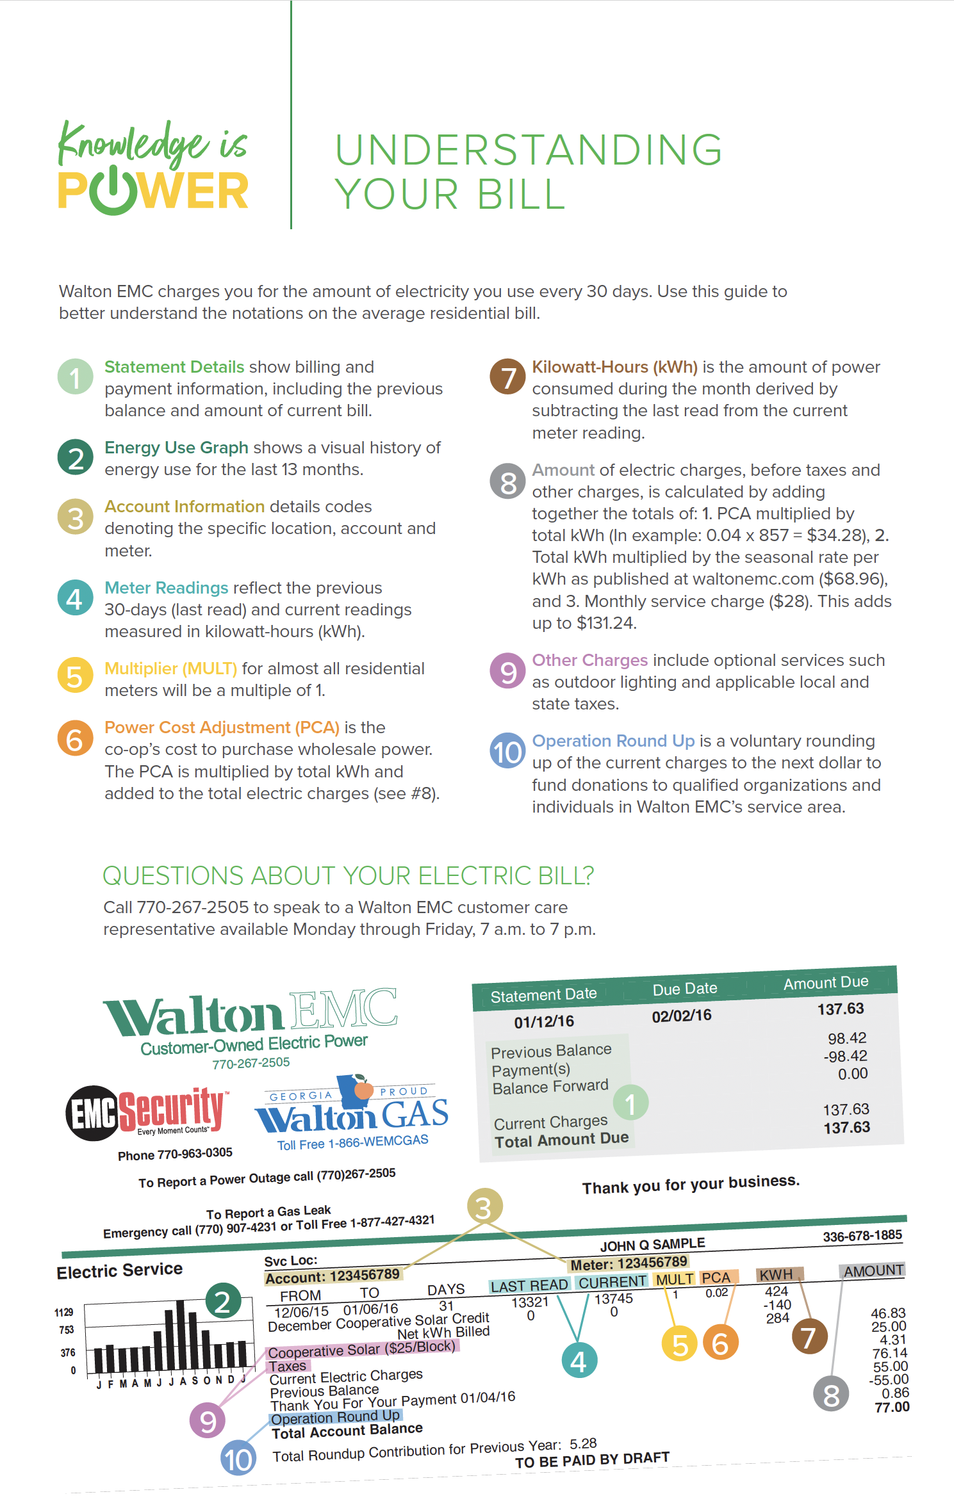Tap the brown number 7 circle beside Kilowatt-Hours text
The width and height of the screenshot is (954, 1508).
[x=507, y=377]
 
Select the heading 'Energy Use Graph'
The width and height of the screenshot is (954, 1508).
[x=176, y=448]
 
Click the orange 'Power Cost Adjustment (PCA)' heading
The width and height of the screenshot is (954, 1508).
[x=222, y=727]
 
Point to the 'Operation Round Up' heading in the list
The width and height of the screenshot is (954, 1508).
[x=613, y=741]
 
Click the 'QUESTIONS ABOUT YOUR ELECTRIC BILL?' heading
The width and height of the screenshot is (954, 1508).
[x=348, y=875]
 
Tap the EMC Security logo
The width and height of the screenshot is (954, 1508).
[x=146, y=1112]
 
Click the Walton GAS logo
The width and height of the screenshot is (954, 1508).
[x=352, y=1112]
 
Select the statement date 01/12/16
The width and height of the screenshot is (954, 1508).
[x=544, y=1021]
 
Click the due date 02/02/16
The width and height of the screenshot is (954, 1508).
[x=682, y=1016]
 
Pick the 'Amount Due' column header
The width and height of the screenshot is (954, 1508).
[x=826, y=982]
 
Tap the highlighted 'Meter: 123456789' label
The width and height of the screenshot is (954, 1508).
[x=629, y=1263]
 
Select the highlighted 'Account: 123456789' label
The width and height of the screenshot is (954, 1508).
[x=333, y=1276]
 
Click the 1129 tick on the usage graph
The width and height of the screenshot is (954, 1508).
[x=64, y=1312]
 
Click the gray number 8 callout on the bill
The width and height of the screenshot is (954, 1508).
[x=831, y=1394]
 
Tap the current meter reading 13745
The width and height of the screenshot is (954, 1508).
[x=613, y=1299]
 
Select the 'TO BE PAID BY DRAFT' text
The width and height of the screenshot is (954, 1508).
[x=592, y=1461]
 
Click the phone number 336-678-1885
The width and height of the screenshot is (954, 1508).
[x=862, y=1235]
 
